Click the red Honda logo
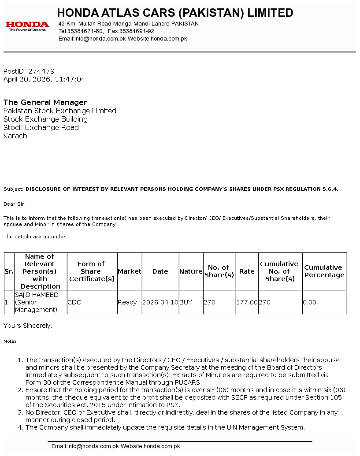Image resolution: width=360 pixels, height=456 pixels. (27, 26)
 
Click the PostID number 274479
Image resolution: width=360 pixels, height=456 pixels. (41, 71)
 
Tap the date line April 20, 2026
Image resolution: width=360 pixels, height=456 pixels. (44, 79)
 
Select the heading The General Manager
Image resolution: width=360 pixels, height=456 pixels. (45, 102)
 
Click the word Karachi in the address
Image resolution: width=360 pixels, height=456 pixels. (16, 136)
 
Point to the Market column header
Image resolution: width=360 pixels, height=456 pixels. (130, 271)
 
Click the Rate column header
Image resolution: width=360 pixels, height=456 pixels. (247, 271)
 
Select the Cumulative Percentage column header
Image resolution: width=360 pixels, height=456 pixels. (324, 271)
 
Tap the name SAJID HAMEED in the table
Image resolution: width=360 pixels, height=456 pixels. (37, 295)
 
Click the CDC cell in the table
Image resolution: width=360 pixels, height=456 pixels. (74, 302)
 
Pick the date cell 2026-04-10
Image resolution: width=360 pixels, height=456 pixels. (160, 302)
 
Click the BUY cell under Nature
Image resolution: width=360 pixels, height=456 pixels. (186, 302)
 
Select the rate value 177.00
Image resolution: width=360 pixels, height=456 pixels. (247, 302)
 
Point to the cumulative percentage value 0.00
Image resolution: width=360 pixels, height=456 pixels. (309, 302)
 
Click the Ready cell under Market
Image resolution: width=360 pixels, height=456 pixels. (127, 302)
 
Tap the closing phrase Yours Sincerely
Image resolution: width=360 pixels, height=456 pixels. (28, 326)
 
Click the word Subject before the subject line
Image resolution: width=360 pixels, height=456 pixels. (13, 189)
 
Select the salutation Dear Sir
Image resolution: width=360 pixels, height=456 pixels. (15, 204)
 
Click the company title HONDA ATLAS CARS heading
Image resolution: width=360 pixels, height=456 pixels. (175, 13)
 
